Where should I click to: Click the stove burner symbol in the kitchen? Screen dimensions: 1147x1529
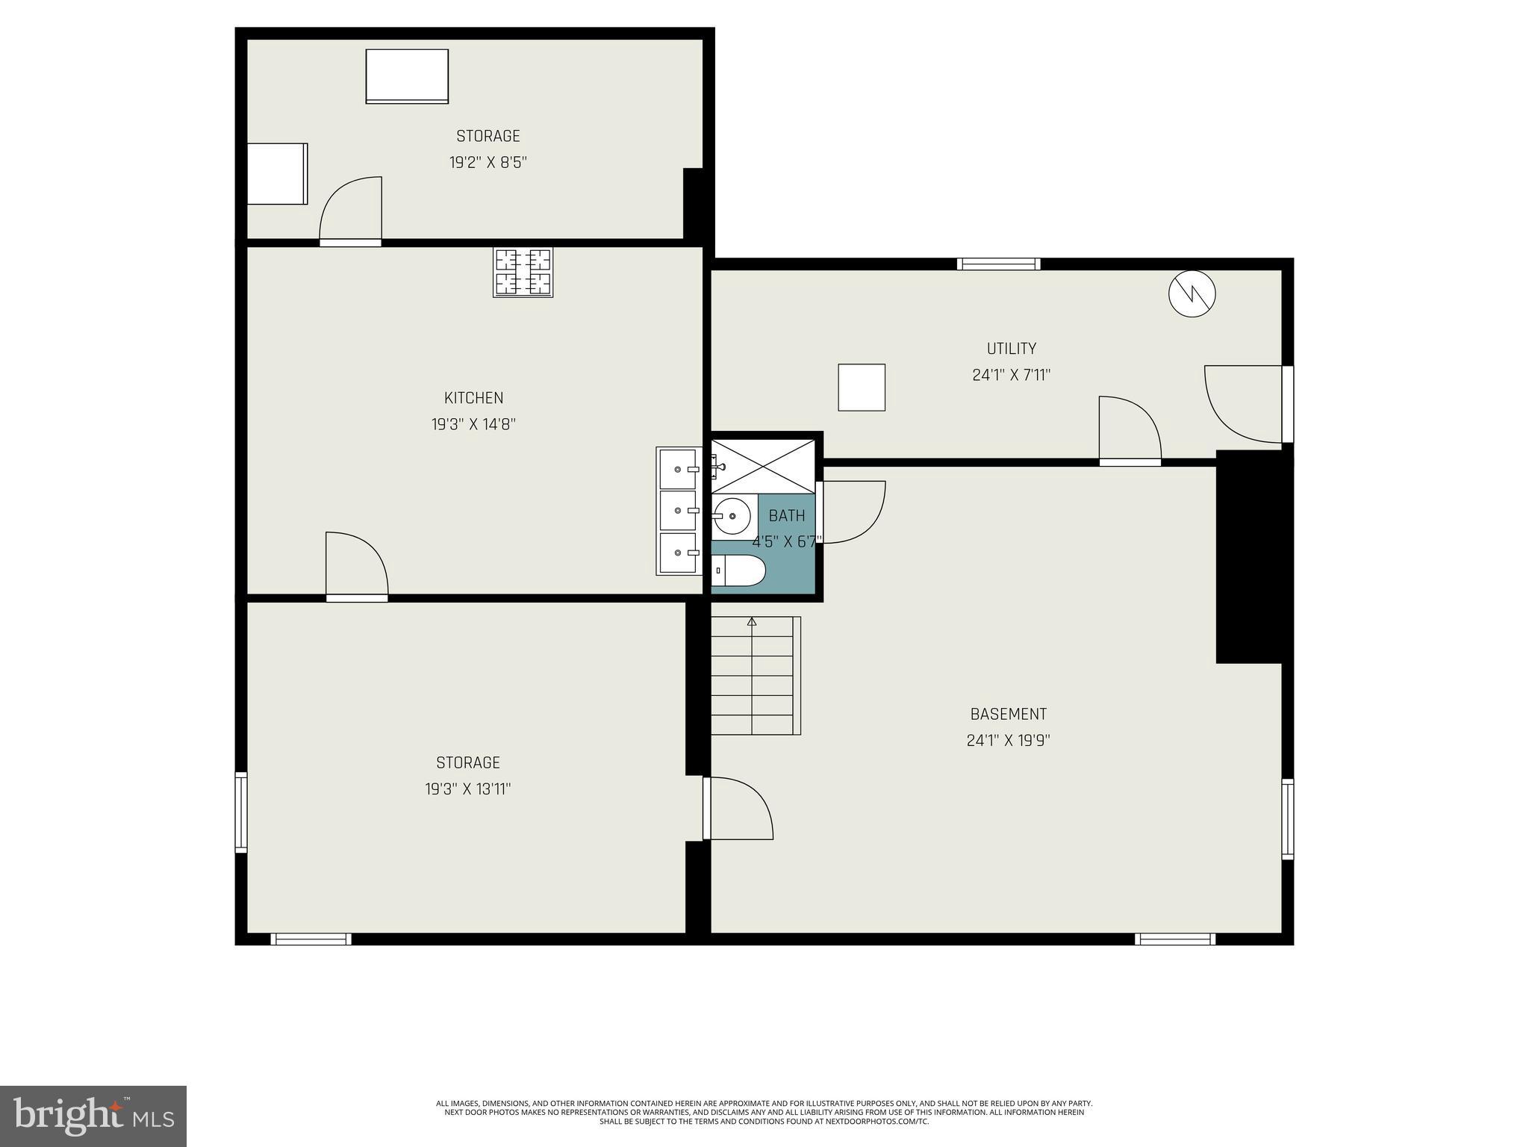pyautogui.click(x=523, y=273)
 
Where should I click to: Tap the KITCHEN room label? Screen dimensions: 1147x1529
pyautogui.click(x=473, y=398)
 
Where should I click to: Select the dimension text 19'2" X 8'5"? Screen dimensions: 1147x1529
pyautogui.click(x=488, y=163)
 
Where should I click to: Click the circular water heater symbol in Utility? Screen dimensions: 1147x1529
pyautogui.click(x=1192, y=293)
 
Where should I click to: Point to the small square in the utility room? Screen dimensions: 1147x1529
pyautogui.click(x=862, y=388)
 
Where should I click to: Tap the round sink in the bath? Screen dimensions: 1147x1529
pyautogui.click(x=732, y=515)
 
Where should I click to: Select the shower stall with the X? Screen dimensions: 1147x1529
pyautogui.click(x=763, y=466)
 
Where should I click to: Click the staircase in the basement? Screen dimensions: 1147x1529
pyautogui.click(x=755, y=676)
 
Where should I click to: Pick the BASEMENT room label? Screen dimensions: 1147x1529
pyautogui.click(x=1008, y=715)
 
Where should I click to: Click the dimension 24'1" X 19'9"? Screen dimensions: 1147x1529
pyautogui.click(x=1008, y=741)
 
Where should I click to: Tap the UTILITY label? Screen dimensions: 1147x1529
pyautogui.click(x=1011, y=349)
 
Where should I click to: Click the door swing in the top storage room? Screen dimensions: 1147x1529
pyautogui.click(x=352, y=211)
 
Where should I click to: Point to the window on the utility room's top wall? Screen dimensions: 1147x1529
pyautogui.click(x=999, y=264)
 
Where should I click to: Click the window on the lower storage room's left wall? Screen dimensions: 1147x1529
pyautogui.click(x=240, y=812)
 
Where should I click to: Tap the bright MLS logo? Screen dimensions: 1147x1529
pyautogui.click(x=93, y=1116)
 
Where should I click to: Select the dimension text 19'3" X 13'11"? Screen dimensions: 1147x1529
pyautogui.click(x=468, y=789)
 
